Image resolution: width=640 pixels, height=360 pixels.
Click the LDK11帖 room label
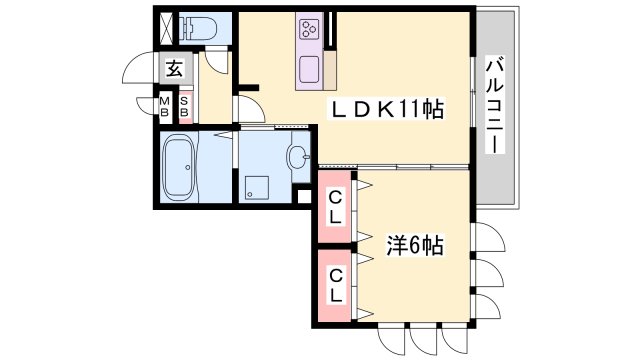388,107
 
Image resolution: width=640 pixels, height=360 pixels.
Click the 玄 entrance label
174,70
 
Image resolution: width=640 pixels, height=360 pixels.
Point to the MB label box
166,105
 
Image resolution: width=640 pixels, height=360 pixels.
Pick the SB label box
184,105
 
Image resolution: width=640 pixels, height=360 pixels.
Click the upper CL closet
335,207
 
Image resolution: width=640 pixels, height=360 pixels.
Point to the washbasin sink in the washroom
297,155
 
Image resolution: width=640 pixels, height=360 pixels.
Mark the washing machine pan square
256,184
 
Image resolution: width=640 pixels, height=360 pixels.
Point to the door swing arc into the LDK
249,107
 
